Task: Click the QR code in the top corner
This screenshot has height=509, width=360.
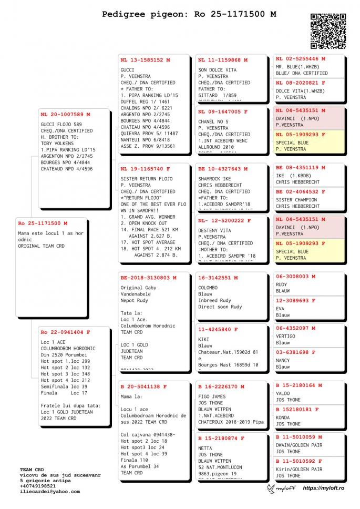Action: coord(328,31)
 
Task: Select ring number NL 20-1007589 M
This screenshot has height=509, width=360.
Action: coord(66,114)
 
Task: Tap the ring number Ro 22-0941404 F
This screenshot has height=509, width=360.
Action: coord(66,332)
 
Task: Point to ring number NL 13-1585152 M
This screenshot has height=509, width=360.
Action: coord(145,60)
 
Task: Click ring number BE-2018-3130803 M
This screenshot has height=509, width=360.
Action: coord(149,277)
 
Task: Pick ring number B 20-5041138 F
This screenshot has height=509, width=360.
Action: coord(143,386)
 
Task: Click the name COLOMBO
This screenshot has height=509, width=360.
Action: coord(208,288)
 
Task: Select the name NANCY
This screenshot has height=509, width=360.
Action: coord(283,360)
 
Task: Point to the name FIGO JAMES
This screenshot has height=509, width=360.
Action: coord(212,396)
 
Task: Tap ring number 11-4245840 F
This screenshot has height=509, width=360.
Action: coord(218,329)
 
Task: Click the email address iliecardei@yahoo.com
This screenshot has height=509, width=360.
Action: coord(50,492)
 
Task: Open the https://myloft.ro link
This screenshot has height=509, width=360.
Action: coord(323,489)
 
